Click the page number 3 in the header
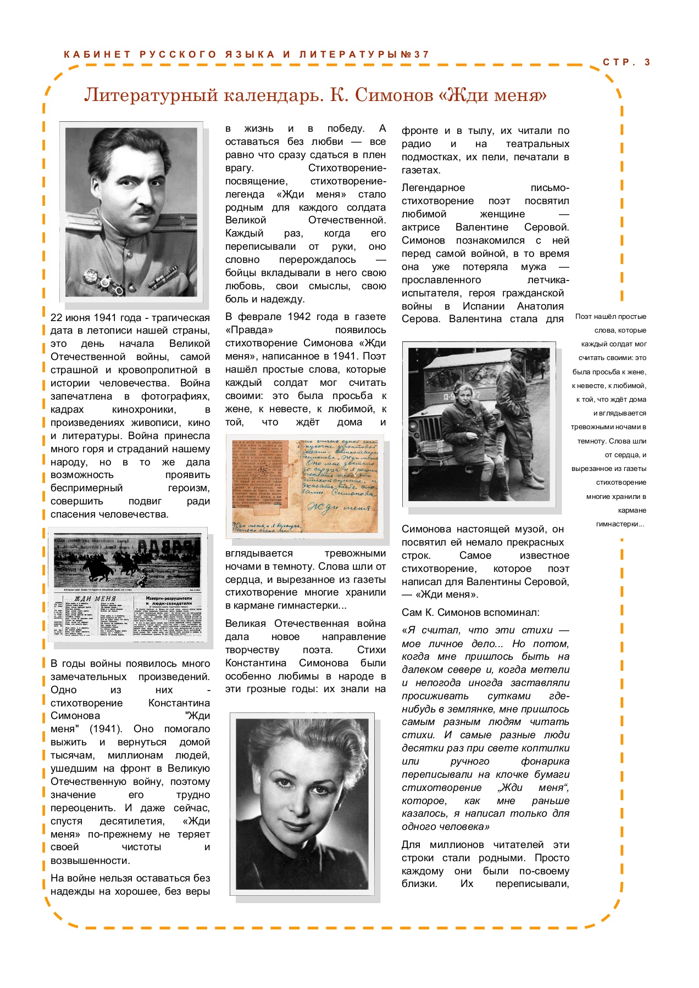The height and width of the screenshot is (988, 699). [647, 62]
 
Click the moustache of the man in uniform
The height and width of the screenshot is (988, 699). [139, 210]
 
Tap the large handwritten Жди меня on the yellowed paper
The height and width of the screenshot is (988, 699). [335, 508]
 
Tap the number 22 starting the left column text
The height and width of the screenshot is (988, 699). [56, 318]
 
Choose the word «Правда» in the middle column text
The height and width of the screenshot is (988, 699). [249, 330]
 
